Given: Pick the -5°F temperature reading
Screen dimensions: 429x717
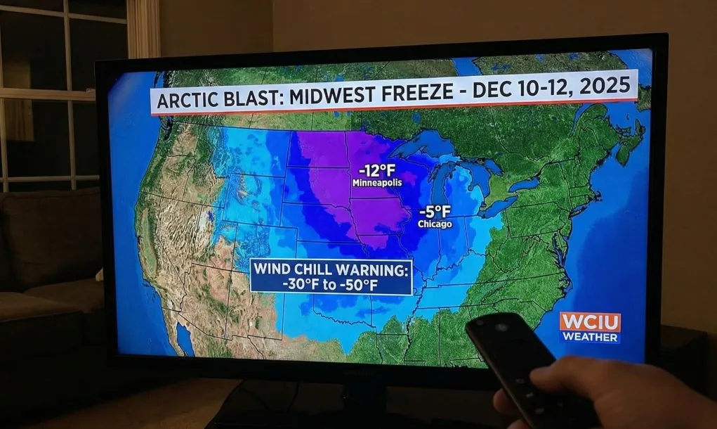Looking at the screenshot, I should (x=435, y=212).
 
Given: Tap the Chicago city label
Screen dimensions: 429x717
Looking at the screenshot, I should (x=435, y=224).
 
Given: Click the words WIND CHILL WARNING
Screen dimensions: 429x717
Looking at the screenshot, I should (x=330, y=269).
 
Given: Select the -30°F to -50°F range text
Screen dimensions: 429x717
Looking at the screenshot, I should (x=330, y=284).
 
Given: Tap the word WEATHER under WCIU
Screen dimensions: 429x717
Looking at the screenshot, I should (x=590, y=338).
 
